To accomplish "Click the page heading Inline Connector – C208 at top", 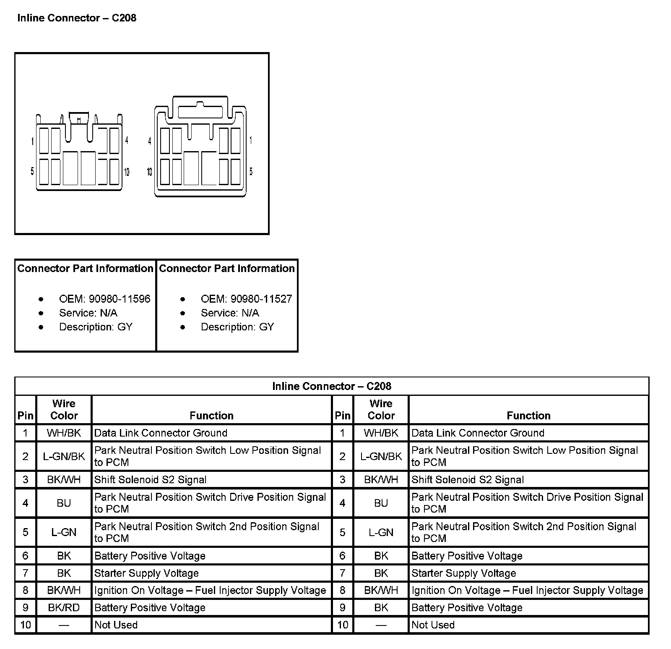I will coord(77,18).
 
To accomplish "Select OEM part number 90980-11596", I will coord(104,299).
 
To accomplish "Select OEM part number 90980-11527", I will coord(246,299).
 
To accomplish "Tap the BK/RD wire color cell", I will coord(64,607).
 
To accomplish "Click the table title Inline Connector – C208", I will coord(331,386).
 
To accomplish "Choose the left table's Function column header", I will coord(211,416).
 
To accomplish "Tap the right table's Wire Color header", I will coord(381,410).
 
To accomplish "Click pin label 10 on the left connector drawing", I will coord(127,171).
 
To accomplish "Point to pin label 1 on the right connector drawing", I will coord(251,140).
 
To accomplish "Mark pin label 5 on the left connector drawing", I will coord(32,171).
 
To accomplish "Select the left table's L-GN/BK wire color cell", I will coord(64,456).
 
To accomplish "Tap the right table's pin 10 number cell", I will coord(343,625).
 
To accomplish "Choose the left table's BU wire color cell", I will coord(64,503).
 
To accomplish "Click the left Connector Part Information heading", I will coord(85,269).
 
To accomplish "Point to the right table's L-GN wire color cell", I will coord(381,532).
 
